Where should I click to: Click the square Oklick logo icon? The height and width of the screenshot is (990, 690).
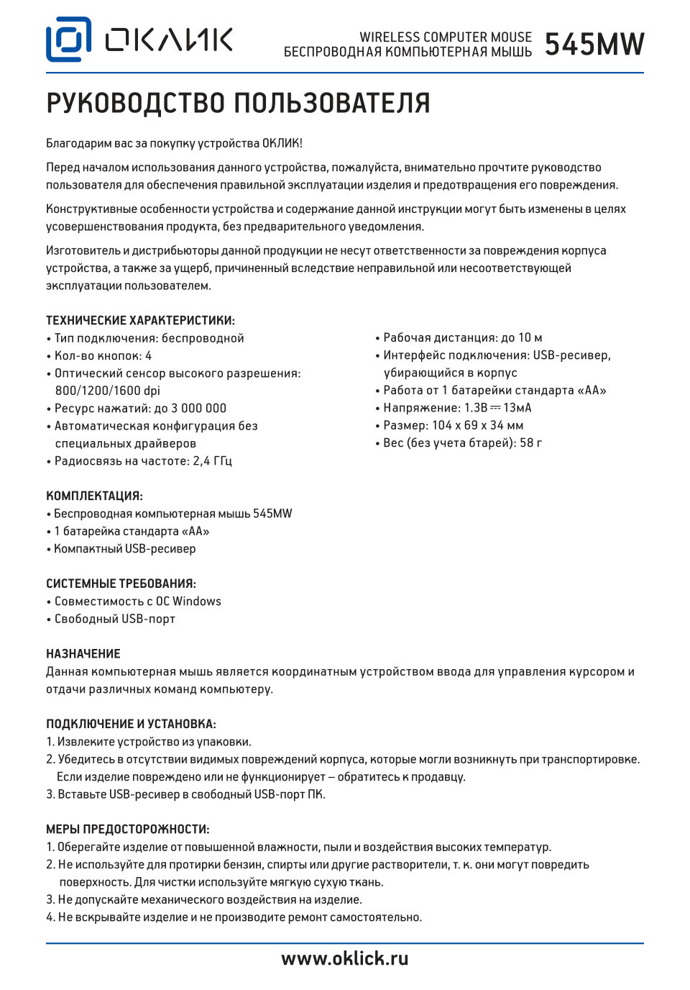tap(68, 40)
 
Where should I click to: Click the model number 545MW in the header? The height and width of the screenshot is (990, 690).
tap(594, 45)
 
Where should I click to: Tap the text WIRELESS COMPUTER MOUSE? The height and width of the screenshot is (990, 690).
tap(446, 37)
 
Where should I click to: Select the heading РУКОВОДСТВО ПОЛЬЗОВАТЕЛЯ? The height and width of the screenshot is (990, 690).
tap(238, 104)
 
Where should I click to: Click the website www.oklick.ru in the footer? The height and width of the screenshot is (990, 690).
tap(344, 958)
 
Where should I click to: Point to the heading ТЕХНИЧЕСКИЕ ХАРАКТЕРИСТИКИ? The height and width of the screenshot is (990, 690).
tap(140, 321)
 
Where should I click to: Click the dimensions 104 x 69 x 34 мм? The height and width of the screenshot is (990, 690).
tap(477, 425)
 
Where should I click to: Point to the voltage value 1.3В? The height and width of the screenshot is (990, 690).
tap(476, 408)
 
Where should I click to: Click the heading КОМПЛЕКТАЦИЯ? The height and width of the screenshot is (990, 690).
tap(94, 496)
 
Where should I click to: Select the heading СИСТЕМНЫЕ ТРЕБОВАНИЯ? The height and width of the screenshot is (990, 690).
tap(121, 584)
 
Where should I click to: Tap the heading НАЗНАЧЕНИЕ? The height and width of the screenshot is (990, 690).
tap(83, 654)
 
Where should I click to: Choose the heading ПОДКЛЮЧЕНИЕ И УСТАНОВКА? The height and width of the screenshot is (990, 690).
tap(131, 725)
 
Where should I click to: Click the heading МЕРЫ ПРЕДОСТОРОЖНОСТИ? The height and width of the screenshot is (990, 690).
tap(127, 830)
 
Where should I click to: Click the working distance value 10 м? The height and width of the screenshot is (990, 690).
tap(530, 338)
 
